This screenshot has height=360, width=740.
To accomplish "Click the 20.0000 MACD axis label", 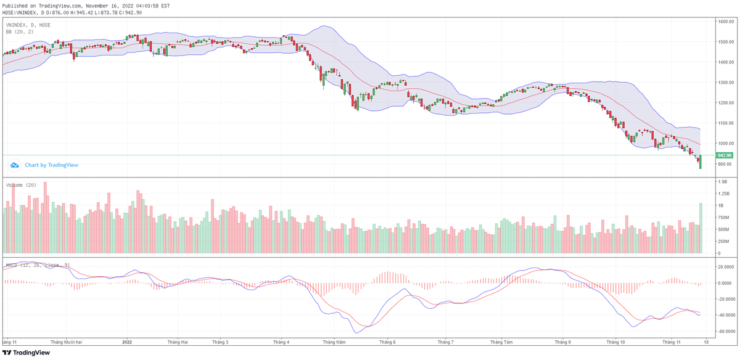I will click(x=722, y=267).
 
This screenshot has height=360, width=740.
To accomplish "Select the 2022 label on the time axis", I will click(x=127, y=342).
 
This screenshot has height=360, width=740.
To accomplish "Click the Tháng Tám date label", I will click(x=501, y=342).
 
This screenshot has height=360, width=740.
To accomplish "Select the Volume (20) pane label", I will click(x=21, y=184).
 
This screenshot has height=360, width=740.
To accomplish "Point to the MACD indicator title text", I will click(x=37, y=265).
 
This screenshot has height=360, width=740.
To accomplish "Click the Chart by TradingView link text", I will click(x=51, y=165).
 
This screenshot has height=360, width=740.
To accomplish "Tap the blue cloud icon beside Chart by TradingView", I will click(x=14, y=165).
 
